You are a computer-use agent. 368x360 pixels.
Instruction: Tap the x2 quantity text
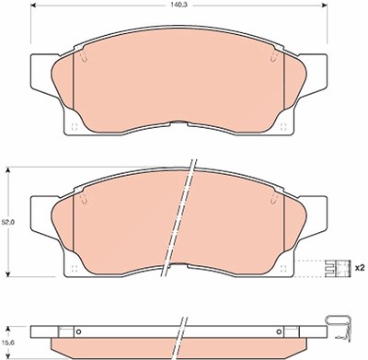coord(360,268)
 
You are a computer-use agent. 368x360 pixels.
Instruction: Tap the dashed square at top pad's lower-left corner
coord(74,127)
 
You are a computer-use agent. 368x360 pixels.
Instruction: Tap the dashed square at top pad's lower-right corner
coord(283,127)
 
